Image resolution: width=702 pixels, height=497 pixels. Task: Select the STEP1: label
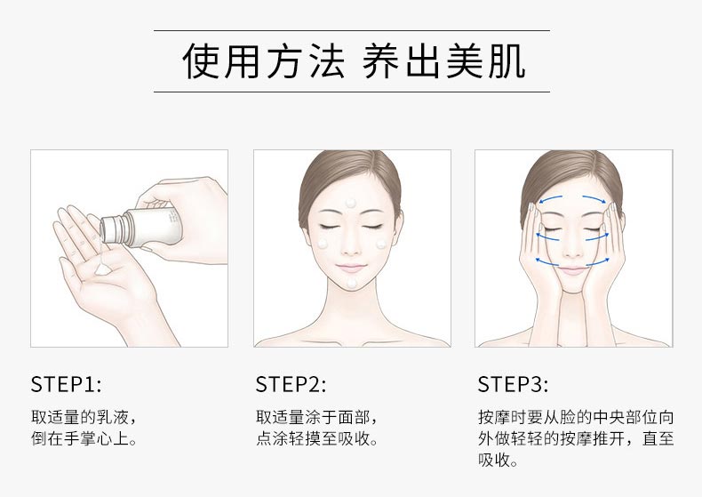(67, 384)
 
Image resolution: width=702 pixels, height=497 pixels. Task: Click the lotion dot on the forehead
(351, 204)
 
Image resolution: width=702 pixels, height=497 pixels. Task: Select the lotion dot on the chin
(351, 283)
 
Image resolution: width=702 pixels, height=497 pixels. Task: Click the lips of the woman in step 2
(351, 267)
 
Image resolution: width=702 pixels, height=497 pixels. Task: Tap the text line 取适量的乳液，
(84, 417)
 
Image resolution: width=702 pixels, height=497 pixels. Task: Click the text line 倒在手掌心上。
(84, 439)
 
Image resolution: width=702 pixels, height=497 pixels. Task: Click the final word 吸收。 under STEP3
(499, 461)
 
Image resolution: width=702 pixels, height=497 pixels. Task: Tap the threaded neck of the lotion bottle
(112, 228)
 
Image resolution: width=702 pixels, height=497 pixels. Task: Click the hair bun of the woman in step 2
(351, 160)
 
